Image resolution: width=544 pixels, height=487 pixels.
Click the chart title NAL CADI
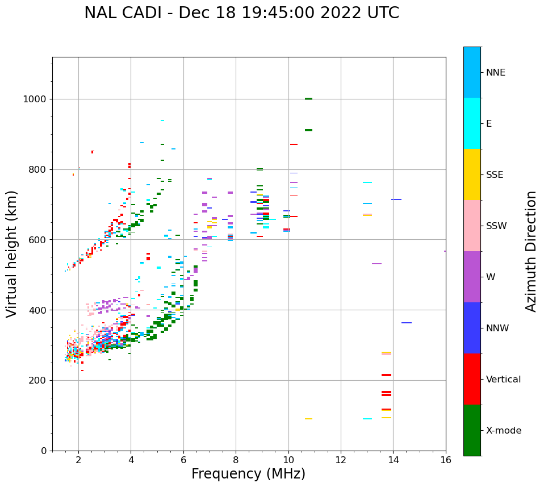pyautogui.click(x=241, y=13)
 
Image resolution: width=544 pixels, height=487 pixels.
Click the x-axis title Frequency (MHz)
pyautogui.click(x=248, y=474)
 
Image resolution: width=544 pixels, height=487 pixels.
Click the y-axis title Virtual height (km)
pyautogui.click(x=12, y=254)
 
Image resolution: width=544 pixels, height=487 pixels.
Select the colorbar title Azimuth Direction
pyautogui.click(x=531, y=251)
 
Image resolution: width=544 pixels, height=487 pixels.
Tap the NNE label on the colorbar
pyautogui.click(x=495, y=73)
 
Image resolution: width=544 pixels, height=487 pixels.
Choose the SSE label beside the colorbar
pyautogui.click(x=494, y=175)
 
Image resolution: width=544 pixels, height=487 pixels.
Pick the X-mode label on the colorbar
pyautogui.click(x=503, y=431)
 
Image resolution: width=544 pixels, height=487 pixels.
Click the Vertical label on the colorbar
pyautogui.click(x=503, y=380)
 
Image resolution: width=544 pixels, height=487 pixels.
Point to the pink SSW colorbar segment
pyautogui.click(x=472, y=226)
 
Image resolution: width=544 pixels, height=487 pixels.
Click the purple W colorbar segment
pyautogui.click(x=472, y=277)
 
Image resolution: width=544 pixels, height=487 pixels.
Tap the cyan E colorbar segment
pyautogui.click(x=472, y=123)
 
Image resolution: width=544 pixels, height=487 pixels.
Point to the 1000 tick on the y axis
pyautogui.click(x=37, y=99)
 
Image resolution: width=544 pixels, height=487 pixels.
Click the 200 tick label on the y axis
pyautogui.click(x=40, y=380)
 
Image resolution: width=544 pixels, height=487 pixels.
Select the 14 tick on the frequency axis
pyautogui.click(x=393, y=459)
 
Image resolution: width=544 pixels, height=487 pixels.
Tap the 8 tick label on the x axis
pyautogui.click(x=236, y=459)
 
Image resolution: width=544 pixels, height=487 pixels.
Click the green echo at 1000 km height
pyautogui.click(x=308, y=99)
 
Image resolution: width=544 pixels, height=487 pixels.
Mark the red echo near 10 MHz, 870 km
pyautogui.click(x=294, y=144)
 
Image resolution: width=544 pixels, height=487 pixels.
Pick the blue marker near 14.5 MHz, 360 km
pyautogui.click(x=406, y=323)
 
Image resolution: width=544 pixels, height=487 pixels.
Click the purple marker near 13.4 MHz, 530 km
pyautogui.click(x=376, y=264)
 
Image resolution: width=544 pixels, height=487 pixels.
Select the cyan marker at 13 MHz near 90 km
pyautogui.click(x=367, y=419)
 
